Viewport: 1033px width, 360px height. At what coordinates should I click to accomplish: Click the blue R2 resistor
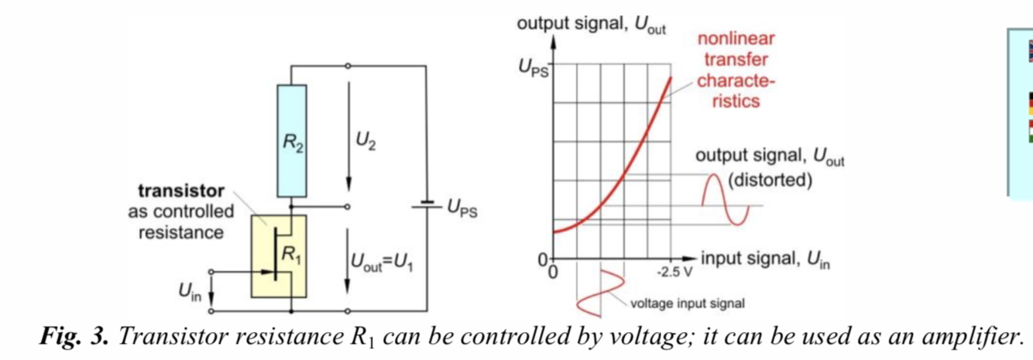[x=292, y=142]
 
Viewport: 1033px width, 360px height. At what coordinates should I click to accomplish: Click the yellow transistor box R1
[x=278, y=256]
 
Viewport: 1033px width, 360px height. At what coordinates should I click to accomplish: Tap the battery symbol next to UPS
[x=425, y=207]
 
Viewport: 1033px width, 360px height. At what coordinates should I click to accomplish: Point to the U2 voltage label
[x=365, y=142]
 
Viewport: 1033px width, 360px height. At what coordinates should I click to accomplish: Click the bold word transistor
[x=181, y=190]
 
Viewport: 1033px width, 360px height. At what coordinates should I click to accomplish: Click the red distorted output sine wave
[x=726, y=197]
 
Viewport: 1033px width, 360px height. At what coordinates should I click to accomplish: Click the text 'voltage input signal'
[x=688, y=303]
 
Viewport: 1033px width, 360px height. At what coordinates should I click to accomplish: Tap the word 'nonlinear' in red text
[x=736, y=39]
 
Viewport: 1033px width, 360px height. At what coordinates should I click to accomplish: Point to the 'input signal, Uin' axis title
[x=765, y=259]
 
